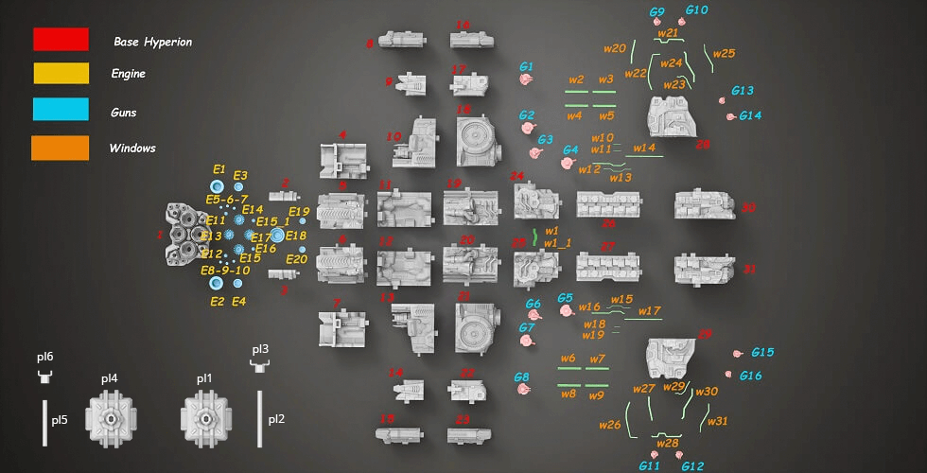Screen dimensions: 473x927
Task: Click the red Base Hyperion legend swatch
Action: click(61, 39)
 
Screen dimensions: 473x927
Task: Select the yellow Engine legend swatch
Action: click(61, 73)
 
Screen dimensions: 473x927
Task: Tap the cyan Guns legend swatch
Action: click(61, 112)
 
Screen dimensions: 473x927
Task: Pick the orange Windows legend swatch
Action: click(61, 148)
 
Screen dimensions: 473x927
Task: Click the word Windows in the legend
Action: click(132, 149)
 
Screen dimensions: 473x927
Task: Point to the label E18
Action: click(296, 236)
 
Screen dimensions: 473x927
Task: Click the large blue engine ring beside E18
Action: click(277, 235)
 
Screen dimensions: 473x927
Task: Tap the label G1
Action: click(527, 67)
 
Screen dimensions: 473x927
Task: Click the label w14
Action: click(644, 148)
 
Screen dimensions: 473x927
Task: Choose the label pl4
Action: click(110, 378)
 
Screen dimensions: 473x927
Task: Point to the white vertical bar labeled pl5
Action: click(44, 420)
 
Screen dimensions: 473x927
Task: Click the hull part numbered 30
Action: click(705, 205)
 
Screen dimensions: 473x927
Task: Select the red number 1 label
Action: click(159, 234)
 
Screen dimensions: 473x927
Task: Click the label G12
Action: click(692, 466)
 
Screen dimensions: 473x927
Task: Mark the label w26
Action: click(609, 425)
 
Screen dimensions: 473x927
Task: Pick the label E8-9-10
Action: click(224, 271)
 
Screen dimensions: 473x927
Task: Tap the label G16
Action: click(751, 376)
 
